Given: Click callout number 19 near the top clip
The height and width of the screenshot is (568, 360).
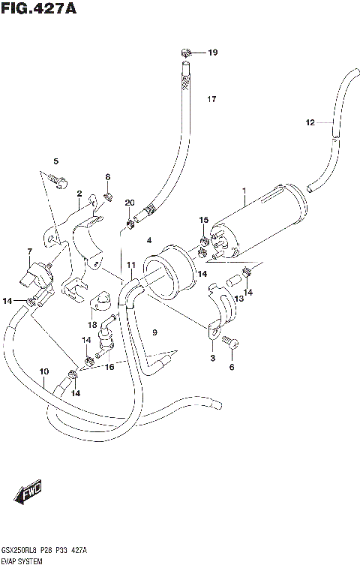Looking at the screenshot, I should click(212, 53).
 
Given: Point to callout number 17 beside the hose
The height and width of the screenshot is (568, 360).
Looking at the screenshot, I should click(211, 99).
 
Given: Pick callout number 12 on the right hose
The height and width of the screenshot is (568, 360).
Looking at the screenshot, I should click(310, 122).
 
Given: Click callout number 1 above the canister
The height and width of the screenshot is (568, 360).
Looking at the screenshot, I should click(244, 191).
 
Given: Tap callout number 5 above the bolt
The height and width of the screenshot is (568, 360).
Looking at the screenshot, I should click(55, 161).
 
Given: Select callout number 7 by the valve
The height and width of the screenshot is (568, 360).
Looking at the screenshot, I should click(29, 251).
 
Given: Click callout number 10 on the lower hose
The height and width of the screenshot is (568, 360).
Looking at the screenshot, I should click(43, 371).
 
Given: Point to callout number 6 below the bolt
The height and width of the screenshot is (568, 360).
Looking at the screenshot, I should click(232, 367).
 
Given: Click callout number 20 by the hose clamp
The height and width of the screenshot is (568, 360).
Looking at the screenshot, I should click(130, 203).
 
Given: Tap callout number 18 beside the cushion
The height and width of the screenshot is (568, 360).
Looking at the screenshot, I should click(91, 325).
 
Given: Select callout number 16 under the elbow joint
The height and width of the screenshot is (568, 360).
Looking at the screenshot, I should click(110, 366).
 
